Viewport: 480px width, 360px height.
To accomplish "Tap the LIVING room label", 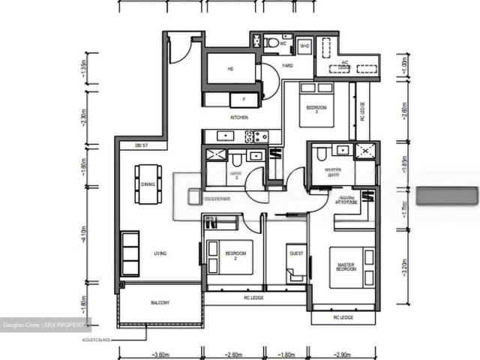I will coord(160,253).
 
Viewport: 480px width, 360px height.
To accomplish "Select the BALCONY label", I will coord(160,303).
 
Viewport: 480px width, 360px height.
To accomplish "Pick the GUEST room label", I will coord(296,254).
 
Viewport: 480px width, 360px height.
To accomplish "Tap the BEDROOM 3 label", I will coord(316,110).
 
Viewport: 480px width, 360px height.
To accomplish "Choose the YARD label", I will coord(286,66).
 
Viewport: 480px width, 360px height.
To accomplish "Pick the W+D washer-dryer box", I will coord(305,46).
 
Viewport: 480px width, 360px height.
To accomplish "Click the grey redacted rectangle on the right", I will coord(447,196).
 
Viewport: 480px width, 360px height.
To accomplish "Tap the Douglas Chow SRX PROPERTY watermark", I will coord(45,325).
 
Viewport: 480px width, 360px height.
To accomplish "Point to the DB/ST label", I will coord(141,145).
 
